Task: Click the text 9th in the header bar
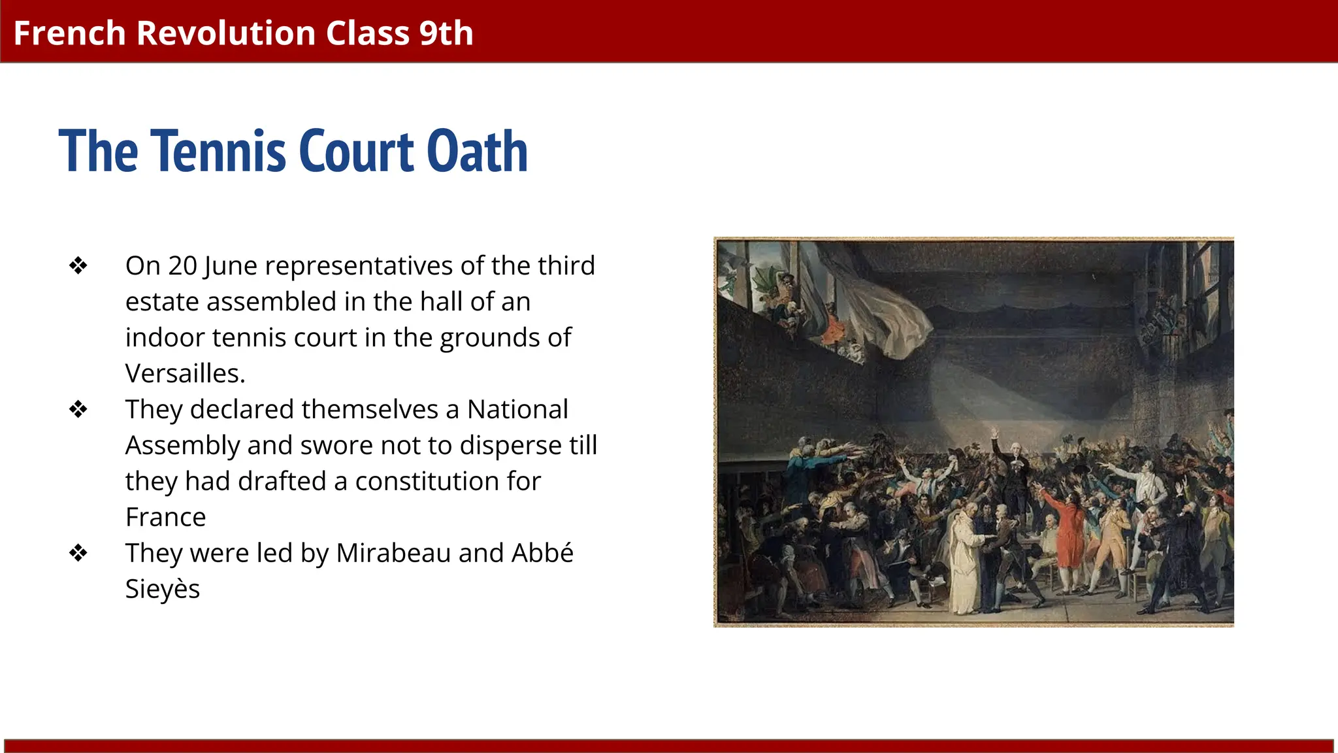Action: pyautogui.click(x=446, y=33)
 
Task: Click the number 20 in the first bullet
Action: pyautogui.click(x=182, y=266)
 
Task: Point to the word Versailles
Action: pyautogui.click(x=185, y=374)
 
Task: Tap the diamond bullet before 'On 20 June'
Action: pyautogui.click(x=78, y=266)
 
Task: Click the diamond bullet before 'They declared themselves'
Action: pyautogui.click(x=78, y=410)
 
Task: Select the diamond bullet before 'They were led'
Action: pyautogui.click(x=78, y=554)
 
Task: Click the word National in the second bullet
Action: pyautogui.click(x=517, y=410)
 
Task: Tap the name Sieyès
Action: pyautogui.click(x=163, y=590)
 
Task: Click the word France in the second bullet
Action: pyautogui.click(x=165, y=518)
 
